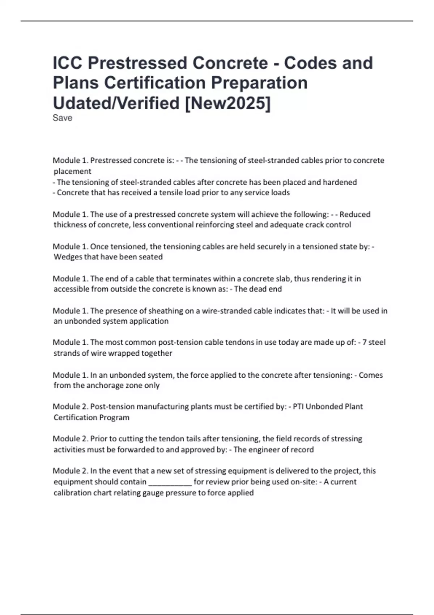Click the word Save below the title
click(x=62, y=118)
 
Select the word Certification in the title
click(x=155, y=83)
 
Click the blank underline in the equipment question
click(x=170, y=482)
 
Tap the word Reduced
click(x=355, y=215)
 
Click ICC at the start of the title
click(x=68, y=63)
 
